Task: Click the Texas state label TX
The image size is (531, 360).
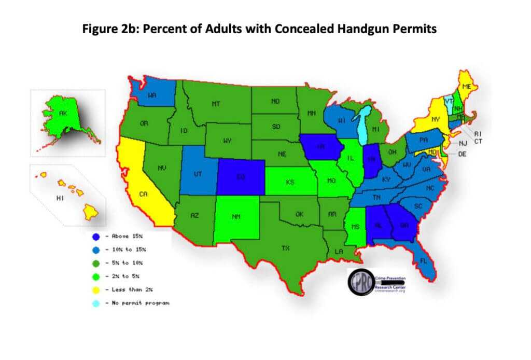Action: (285, 248)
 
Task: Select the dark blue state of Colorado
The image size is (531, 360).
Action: (240, 176)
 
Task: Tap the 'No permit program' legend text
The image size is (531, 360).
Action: (141, 303)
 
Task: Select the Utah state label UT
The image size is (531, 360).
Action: (198, 175)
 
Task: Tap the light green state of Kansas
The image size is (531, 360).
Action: (290, 183)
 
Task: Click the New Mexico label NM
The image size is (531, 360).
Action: (236, 217)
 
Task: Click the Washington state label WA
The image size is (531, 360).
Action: (152, 95)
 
